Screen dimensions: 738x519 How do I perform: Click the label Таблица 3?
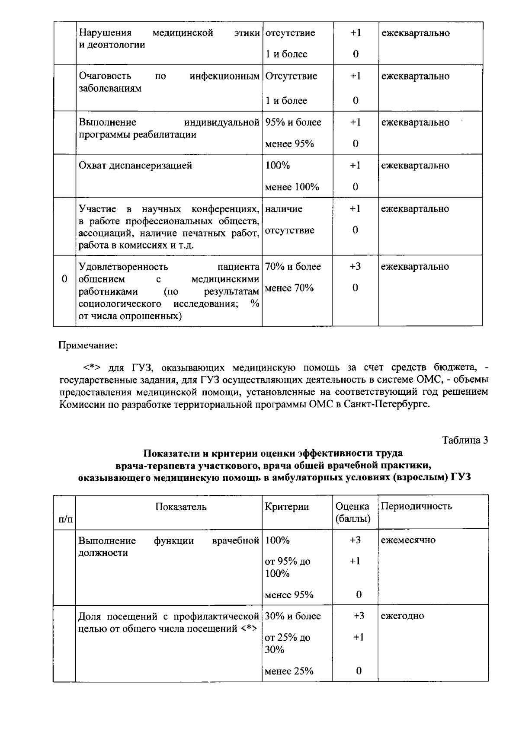point(465,440)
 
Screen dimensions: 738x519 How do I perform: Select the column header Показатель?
point(181,507)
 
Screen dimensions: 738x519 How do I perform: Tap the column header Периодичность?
point(416,506)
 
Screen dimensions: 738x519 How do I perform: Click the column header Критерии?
point(287,507)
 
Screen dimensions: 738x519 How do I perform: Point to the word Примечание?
point(88,346)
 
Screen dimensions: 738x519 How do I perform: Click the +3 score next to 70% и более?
point(355,267)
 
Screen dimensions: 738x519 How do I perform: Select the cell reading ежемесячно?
point(408,540)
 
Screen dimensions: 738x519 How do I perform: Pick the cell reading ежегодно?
point(402,616)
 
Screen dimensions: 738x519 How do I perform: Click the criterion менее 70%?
point(289,288)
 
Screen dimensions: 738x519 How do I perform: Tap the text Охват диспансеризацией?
point(135,166)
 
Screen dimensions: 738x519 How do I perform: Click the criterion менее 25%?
point(289,671)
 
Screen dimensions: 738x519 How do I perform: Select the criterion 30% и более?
point(293,616)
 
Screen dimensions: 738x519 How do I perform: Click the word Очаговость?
point(105,76)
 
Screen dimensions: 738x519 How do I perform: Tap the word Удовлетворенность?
point(123,267)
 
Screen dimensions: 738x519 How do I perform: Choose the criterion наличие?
point(284,209)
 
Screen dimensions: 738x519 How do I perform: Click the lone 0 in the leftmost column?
point(64,279)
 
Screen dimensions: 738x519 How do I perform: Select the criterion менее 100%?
point(292,187)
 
